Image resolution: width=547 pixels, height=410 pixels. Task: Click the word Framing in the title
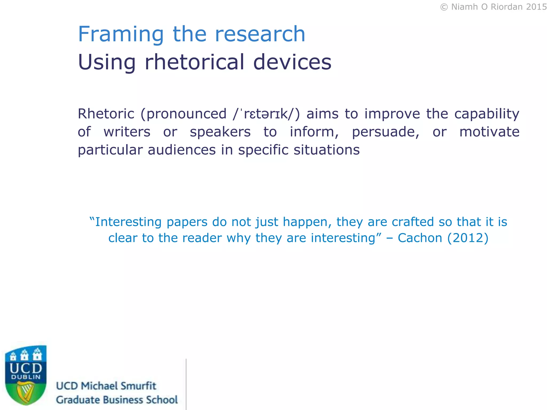tap(120, 35)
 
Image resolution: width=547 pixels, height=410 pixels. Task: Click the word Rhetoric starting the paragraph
tap(106, 114)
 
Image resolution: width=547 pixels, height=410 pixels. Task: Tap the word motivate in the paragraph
tap(489, 132)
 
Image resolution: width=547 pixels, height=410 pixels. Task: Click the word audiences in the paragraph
tap(182, 150)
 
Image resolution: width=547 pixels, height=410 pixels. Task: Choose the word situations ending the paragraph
tap(327, 150)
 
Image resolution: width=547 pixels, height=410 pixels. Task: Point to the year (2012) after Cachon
tap(468, 238)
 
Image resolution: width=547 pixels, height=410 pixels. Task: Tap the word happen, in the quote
tap(307, 222)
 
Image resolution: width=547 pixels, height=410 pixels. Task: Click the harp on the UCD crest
tap(26, 391)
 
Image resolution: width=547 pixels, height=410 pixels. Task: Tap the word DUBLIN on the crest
tap(26, 377)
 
